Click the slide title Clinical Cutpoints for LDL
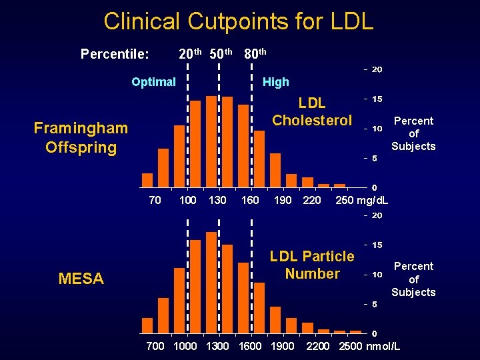coord(239,21)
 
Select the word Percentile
coord(114,53)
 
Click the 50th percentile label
coord(221,53)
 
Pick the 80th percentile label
coord(255,53)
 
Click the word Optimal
coord(153,82)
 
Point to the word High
coord(275,82)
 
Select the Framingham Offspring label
coord(81,137)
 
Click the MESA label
coord(81,279)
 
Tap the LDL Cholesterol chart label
coord(312,111)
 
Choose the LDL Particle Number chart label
coord(312,265)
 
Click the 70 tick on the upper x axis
coord(154,201)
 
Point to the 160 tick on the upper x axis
coord(250,201)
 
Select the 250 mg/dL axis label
coord(362,201)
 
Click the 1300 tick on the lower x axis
coord(217,346)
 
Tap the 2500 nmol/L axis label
coord(369,346)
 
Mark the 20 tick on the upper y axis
coord(377,69)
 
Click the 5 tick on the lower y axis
coord(375,304)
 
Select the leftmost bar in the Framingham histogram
coord(147,180)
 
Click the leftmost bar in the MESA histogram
coord(147,325)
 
